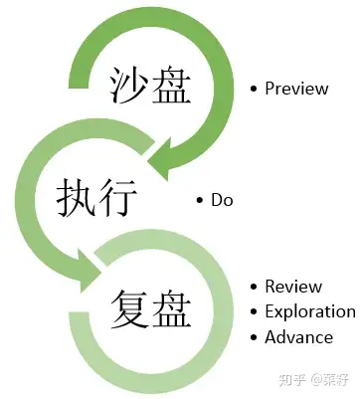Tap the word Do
point(221,200)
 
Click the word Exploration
point(309,311)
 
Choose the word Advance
point(298,336)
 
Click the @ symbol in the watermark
point(312,379)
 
